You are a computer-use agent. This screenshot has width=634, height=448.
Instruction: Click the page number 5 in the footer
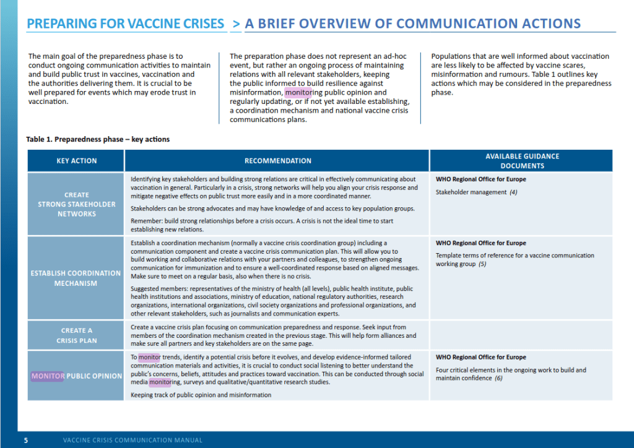(26, 441)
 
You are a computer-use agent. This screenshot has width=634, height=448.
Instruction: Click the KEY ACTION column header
(76, 161)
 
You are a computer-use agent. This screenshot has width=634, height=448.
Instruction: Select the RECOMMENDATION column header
(277, 161)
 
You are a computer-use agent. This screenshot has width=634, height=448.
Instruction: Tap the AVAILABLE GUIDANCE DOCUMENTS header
(522, 161)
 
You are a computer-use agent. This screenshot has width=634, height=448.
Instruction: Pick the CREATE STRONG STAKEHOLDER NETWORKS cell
(76, 204)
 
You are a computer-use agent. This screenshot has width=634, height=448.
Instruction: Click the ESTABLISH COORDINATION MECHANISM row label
(76, 278)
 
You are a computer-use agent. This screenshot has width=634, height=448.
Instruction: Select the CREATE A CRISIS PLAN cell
(76, 335)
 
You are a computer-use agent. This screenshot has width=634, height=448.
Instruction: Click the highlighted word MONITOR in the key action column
(48, 376)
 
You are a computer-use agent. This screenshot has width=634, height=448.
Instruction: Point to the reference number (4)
(513, 192)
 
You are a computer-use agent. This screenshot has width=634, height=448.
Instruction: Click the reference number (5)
(482, 264)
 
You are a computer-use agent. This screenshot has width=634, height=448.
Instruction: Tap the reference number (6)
(498, 378)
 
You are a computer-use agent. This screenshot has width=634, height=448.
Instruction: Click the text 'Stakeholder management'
(471, 192)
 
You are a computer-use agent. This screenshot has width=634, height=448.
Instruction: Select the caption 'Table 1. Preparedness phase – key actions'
(98, 139)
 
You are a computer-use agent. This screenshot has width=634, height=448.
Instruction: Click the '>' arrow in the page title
(237, 24)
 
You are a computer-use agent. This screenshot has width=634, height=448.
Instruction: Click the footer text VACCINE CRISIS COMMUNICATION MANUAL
(132, 441)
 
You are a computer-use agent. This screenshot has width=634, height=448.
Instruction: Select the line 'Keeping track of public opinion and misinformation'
(201, 395)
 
